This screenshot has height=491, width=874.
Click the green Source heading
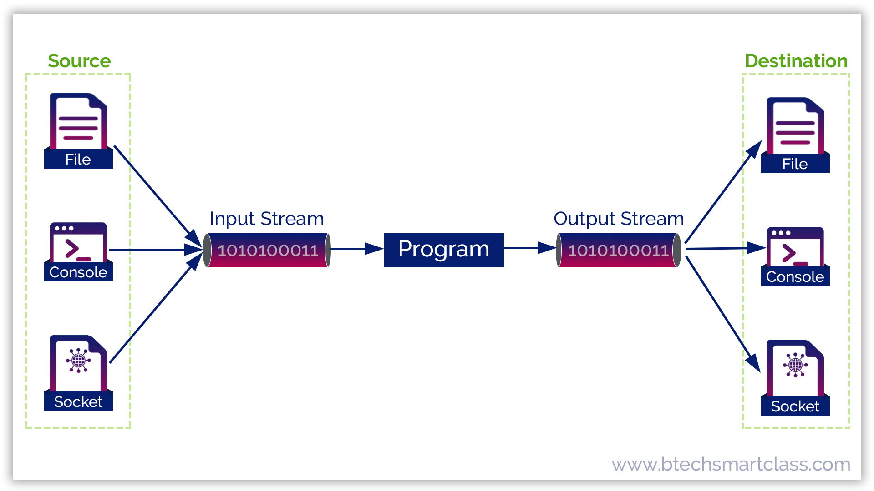pos(79,61)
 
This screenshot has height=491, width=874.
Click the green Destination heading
pos(796,61)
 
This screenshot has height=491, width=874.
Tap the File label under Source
pos(78,160)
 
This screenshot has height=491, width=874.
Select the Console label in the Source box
pos(78,272)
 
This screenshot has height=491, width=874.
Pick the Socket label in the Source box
pos(78,402)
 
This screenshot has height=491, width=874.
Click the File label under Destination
pos(795,164)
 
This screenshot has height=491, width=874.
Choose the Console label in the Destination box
pos(795,277)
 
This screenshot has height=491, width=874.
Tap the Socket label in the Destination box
pos(795,406)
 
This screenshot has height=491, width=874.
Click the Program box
pos(444,250)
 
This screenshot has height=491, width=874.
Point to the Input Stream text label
pos(266,219)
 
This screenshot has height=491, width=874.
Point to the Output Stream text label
pos(618,219)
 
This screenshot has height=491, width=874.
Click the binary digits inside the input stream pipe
pos(268,251)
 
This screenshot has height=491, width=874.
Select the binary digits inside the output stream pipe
pos(618,251)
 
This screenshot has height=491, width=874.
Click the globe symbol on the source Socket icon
pos(78,361)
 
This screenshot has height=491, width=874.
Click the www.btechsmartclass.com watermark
pos(731,464)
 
